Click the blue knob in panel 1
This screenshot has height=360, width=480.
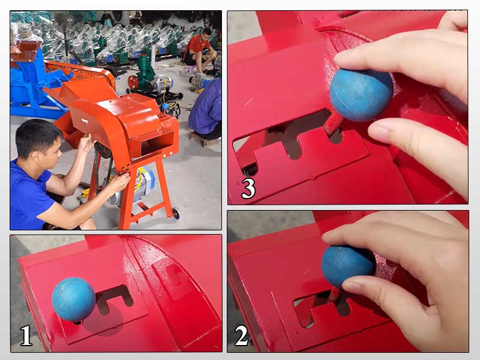click(x=74, y=299)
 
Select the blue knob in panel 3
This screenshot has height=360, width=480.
click(x=361, y=95)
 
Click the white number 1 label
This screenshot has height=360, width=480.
click(x=26, y=335)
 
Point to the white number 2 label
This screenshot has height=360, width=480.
click(x=242, y=335)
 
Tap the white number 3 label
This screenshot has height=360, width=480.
click(x=248, y=188)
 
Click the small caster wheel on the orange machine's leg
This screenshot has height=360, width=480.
click(x=176, y=214)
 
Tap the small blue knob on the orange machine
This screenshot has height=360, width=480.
click(x=165, y=107)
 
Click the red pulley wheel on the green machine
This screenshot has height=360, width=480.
click(x=133, y=82)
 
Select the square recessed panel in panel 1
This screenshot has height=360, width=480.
click(x=170, y=280)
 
